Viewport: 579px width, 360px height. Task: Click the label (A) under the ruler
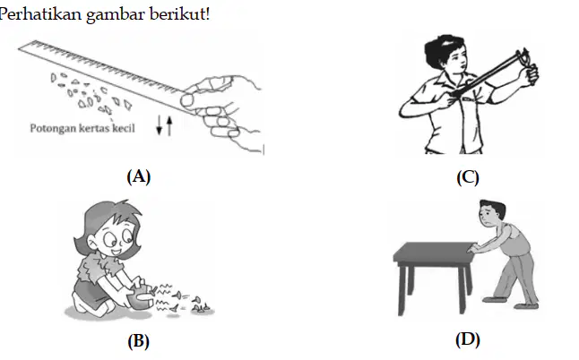click(x=138, y=176)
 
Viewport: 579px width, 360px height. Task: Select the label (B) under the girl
click(x=138, y=341)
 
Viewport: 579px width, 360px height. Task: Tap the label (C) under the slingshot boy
click(x=468, y=177)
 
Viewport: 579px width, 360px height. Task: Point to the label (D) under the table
click(x=468, y=339)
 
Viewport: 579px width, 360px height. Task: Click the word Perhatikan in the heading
click(x=39, y=14)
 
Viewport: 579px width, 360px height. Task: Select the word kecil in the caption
click(x=124, y=128)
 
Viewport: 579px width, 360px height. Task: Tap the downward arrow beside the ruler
click(x=160, y=125)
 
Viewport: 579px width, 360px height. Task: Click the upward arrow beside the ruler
click(x=169, y=125)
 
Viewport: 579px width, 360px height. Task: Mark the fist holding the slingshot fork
click(x=531, y=75)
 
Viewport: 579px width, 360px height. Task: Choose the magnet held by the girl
click(x=140, y=296)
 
